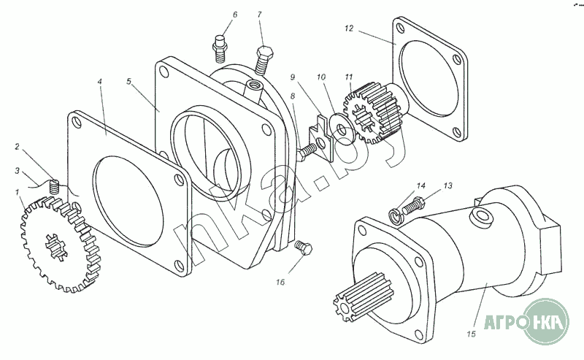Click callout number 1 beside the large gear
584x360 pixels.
(17, 192)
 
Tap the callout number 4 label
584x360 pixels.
(100, 81)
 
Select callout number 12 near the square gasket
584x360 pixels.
(349, 28)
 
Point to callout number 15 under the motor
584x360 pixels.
(471, 334)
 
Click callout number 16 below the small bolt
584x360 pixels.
(280, 282)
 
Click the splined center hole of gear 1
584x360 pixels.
(56, 245)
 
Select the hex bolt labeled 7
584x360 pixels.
(264, 60)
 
